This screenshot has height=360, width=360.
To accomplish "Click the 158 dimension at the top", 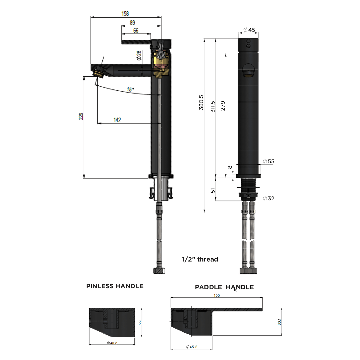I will tap(125, 14).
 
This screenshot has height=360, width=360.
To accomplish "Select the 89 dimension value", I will tap(132, 23).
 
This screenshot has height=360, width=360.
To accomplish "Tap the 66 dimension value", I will tap(136, 31).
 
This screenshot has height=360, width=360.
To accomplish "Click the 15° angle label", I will tap(130, 89).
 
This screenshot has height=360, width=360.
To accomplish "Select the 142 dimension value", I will tap(117, 120).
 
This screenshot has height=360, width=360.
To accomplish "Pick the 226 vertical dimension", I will tap(81, 116).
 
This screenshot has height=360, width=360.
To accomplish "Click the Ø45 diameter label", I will tap(249, 30).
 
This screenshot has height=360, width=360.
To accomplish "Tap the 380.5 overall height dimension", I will tap(201, 102).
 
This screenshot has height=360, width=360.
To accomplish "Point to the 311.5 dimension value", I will tap(213, 107).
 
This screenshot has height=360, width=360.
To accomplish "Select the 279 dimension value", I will tap(223, 106).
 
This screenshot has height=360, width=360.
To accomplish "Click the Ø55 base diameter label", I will tap(268, 161).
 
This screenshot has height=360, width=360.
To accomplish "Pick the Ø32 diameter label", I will tap(268, 198).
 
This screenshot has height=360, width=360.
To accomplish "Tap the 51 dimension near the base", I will tap(213, 190).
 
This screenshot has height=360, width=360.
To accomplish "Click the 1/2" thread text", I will tap(200, 259).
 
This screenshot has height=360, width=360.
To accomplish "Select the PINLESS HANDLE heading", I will tap(115, 286).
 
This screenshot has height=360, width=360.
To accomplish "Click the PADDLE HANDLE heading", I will tap(224, 287).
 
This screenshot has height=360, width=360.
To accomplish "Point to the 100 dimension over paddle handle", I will tap(217, 296).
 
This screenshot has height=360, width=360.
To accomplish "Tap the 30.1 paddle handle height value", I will tap(279, 322).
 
